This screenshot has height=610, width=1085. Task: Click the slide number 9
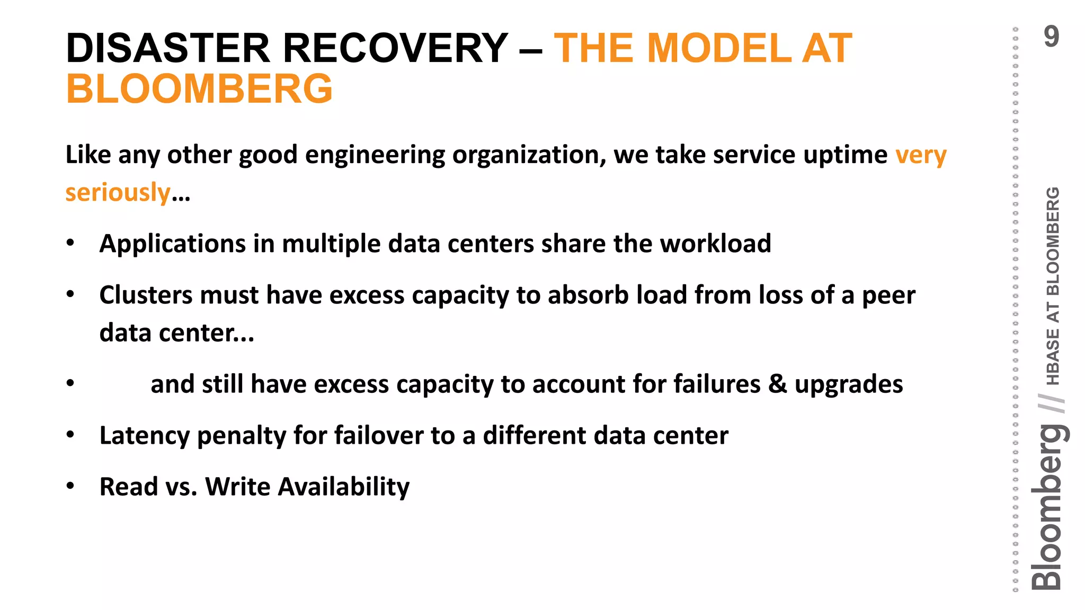[x=1051, y=37]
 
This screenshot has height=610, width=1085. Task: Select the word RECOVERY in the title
[x=395, y=49]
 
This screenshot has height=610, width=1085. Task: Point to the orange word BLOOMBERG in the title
[x=199, y=89]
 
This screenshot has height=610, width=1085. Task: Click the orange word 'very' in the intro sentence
[x=921, y=155]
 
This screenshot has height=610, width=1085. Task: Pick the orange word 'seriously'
[x=118, y=192]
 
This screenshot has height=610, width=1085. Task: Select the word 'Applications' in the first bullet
[x=173, y=244]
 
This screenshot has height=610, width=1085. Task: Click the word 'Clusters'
[x=146, y=295]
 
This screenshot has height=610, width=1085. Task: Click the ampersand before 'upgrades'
[x=777, y=384]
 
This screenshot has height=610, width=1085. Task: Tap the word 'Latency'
[x=144, y=436]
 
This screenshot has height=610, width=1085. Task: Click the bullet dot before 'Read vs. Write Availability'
[x=70, y=486]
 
